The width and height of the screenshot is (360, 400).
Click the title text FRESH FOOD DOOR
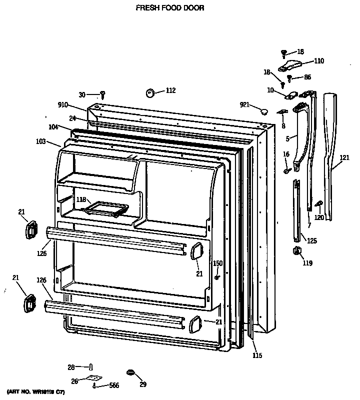[x=163, y=8]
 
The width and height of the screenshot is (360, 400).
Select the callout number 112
[x=170, y=90]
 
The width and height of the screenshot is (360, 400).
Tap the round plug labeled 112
[x=150, y=92]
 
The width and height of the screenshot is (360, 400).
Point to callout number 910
[x=63, y=105]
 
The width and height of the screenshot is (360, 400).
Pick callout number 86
[x=307, y=78]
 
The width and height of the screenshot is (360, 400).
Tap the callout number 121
[x=344, y=158]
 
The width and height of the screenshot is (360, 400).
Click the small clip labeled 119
[x=296, y=251]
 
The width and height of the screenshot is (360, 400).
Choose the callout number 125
[x=311, y=241]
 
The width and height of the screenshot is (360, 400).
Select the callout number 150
[x=217, y=263]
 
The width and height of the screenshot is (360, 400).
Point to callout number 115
[x=257, y=355]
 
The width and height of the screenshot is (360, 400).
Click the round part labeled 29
[x=130, y=372]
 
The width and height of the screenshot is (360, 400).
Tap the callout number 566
[x=115, y=386]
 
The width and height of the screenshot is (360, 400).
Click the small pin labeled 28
[x=91, y=367]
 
